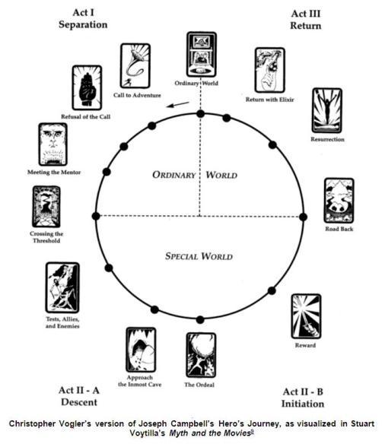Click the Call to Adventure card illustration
pyautogui.click(x=135, y=66)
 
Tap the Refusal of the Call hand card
pyautogui.click(x=87, y=88)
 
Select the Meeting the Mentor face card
pyautogui.click(x=53, y=144)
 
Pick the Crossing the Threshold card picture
pyautogui.click(x=46, y=207)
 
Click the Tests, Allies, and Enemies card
pyautogui.click(x=62, y=287)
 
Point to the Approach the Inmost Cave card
pyautogui.click(x=141, y=350)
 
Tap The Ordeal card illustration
pyautogui.click(x=201, y=355)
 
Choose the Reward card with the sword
pyautogui.click(x=306, y=316)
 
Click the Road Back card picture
pyautogui.click(x=339, y=201)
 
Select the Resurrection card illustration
pyautogui.click(x=327, y=111)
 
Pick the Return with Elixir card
pyautogui.click(x=270, y=70)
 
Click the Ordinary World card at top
pyautogui.click(x=202, y=54)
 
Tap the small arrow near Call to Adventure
pyautogui.click(x=178, y=105)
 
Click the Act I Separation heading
pyautogui.click(x=83, y=18)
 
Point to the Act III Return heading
pyautogui.click(x=306, y=20)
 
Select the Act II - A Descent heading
pyautogui.click(x=79, y=396)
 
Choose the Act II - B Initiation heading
pyautogui.click(x=303, y=398)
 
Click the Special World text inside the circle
pyautogui.click(x=199, y=256)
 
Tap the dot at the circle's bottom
pyautogui.click(x=200, y=320)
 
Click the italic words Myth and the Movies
pyautogui.click(x=210, y=433)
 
